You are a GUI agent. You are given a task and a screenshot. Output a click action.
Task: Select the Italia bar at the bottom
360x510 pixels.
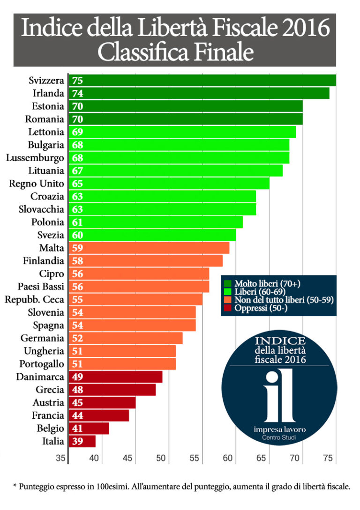coord(82,441)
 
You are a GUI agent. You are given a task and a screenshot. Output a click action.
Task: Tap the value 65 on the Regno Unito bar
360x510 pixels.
coord(77,184)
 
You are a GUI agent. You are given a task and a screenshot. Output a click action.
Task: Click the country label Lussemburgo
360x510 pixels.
coord(35,158)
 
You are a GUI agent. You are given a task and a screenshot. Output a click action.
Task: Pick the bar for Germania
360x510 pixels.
coord(126,338)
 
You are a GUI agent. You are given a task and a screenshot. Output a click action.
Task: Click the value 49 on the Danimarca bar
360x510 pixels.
coord(77,377)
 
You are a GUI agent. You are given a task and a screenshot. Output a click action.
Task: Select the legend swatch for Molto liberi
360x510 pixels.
coord(228,284)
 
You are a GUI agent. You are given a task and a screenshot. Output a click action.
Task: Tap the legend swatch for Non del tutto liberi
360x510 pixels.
coord(228,300)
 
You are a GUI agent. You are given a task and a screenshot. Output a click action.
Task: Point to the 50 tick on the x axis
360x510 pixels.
coord(162,458)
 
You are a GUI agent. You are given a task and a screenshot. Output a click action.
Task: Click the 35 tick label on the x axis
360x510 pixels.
coord(61,458)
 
